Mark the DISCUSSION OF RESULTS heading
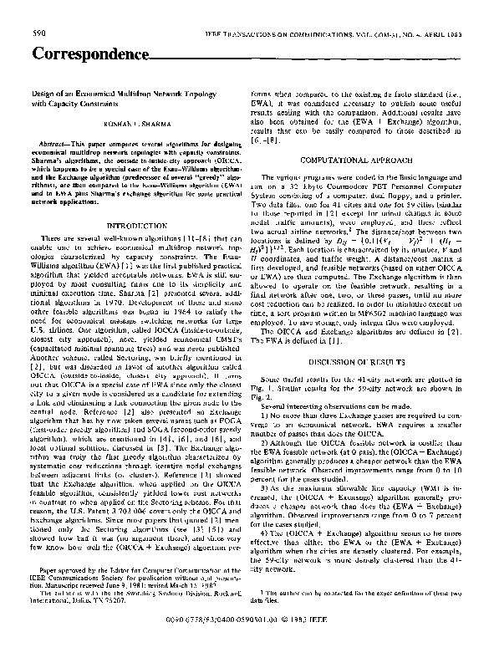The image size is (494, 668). [x=371, y=360]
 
